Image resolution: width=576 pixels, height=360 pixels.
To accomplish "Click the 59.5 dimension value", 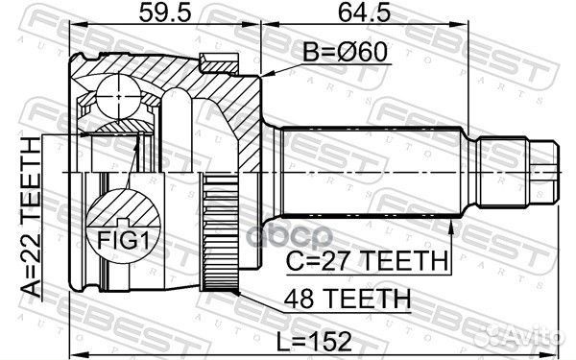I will click(158, 15).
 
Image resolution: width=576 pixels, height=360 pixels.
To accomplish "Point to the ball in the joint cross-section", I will click(114, 96).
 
